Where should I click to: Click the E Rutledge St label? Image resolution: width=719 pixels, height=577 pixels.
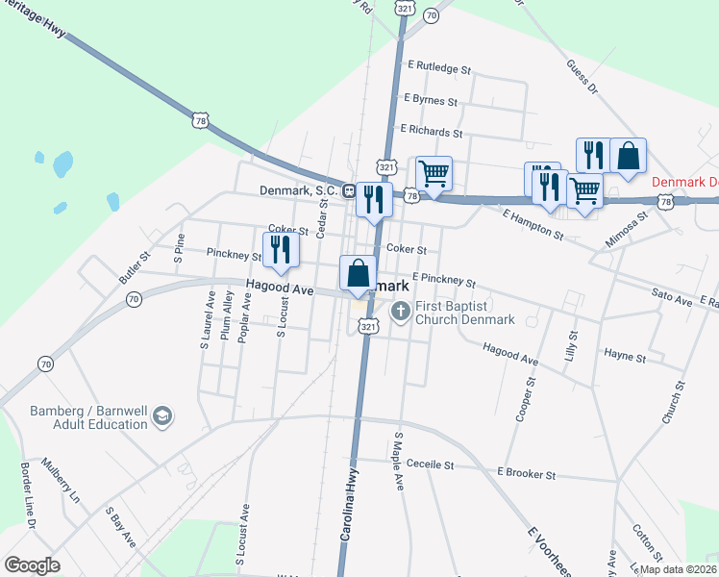(x=439, y=69)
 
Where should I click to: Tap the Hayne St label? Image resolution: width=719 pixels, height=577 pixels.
(x=625, y=356)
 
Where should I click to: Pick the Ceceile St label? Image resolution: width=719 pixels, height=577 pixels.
(x=430, y=464)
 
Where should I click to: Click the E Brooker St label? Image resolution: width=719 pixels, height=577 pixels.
(x=526, y=474)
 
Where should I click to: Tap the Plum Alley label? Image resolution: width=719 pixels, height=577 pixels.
(x=228, y=316)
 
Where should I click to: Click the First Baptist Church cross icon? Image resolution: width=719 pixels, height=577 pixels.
(x=401, y=312)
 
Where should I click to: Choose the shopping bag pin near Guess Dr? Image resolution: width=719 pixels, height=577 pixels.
(x=628, y=155)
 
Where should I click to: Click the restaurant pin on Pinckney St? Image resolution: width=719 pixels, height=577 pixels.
(x=282, y=249)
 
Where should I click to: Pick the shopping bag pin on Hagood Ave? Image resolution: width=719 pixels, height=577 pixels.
(x=358, y=272)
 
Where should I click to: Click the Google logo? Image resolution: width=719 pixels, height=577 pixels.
(x=33, y=565)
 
